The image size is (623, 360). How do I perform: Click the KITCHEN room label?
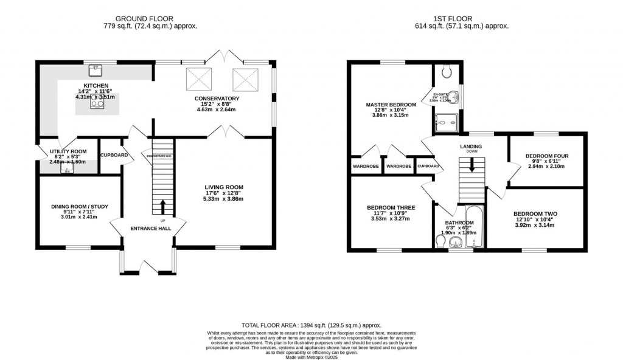tap(96, 86)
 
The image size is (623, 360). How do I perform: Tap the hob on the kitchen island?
tap(97, 103)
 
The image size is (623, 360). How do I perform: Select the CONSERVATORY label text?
tap(217, 99)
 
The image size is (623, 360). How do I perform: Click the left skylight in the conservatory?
tap(198, 78)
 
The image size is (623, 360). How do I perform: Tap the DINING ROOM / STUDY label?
tap(79, 207)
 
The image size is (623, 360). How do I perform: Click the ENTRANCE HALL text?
tap(150, 229)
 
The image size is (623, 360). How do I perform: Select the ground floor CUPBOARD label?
tap(114, 155)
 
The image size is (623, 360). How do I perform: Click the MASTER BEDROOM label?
tap(391, 105)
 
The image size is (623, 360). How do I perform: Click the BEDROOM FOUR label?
tap(548, 156)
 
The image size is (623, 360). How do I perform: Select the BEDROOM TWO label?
tap(535, 213)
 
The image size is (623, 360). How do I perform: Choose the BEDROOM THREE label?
tap(391, 207)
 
